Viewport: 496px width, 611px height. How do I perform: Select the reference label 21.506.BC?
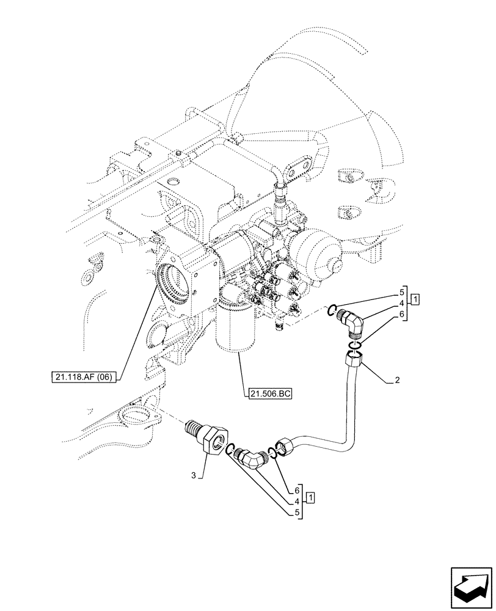(x=270, y=394)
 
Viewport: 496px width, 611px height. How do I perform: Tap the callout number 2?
(x=397, y=381)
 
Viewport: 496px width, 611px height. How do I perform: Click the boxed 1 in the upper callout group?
(x=415, y=299)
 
